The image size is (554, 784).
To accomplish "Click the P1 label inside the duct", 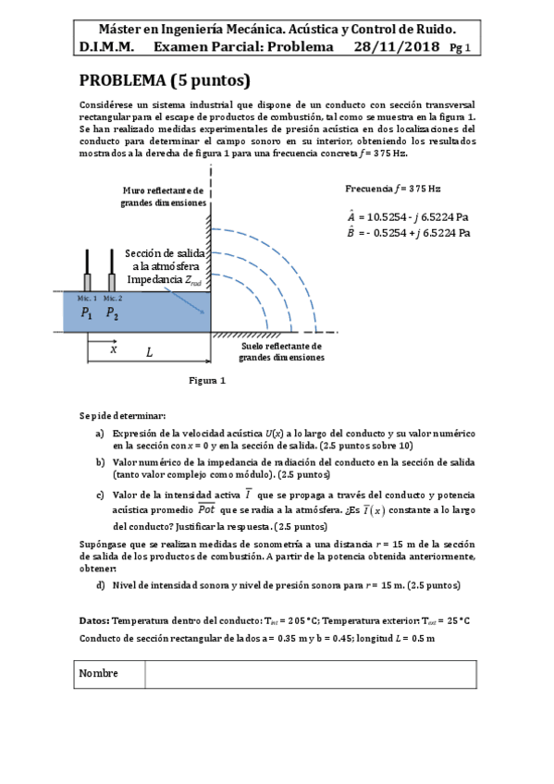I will [x=87, y=313].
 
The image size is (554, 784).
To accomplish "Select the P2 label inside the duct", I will [x=112, y=313].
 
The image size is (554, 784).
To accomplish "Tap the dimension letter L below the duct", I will [x=149, y=352].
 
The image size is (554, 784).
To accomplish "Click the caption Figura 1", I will [x=207, y=380].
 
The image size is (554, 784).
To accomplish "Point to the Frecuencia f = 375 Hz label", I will [x=393, y=189].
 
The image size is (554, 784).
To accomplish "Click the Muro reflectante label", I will [x=163, y=196].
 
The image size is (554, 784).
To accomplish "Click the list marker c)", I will [x=99, y=496].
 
